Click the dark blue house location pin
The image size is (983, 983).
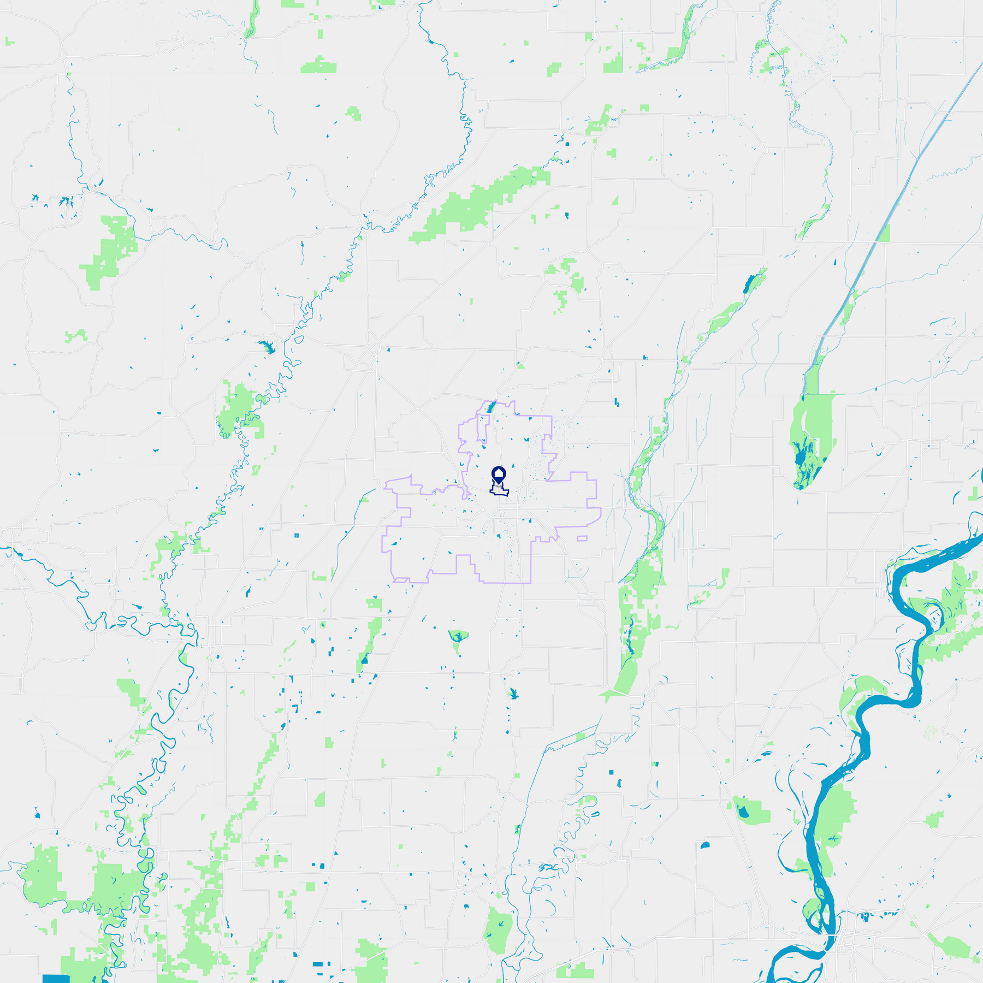pos(499,474)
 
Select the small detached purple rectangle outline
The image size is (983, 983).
pos(582,538)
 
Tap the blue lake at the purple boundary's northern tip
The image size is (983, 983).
pos(490,407)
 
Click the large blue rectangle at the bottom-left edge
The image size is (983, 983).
pos(56,978)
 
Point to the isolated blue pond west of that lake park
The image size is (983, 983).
pos(704,845)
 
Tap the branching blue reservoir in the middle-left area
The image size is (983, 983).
pos(267,346)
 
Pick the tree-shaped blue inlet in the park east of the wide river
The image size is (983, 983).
pos(832,838)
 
